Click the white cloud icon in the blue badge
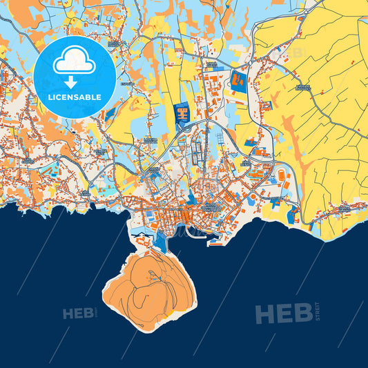[75, 63]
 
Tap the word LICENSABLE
[75, 97]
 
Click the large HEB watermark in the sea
[283, 313]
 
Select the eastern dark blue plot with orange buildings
[239, 81]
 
